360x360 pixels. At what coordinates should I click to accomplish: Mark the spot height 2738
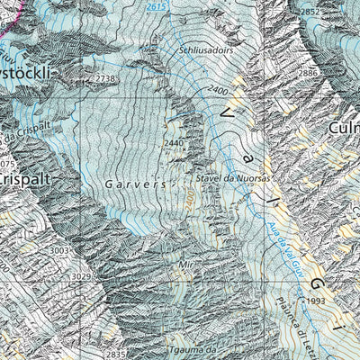(x=106, y=80)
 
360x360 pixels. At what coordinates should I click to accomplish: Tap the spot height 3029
(x=82, y=276)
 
